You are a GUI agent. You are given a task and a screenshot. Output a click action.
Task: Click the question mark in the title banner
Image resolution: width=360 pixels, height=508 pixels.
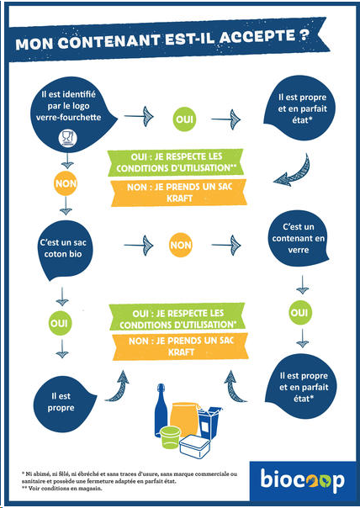tap(304, 34)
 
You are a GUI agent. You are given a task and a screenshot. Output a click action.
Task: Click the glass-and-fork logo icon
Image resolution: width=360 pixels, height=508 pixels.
tap(67, 138)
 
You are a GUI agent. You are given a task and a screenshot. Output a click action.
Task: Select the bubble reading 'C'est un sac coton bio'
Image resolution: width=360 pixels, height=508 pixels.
tap(63, 250)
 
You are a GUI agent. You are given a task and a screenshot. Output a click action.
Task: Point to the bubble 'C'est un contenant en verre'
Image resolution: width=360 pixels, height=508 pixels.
tap(298, 239)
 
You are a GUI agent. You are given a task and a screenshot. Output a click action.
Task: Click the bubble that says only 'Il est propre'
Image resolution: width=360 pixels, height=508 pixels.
tap(63, 402)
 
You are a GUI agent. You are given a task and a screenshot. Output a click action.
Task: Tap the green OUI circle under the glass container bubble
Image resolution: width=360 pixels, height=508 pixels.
tap(299, 313)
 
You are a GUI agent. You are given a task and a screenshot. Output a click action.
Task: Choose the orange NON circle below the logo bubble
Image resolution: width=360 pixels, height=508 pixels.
tap(66, 183)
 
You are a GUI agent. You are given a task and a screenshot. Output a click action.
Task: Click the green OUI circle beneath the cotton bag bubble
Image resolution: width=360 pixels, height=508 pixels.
tap(60, 323)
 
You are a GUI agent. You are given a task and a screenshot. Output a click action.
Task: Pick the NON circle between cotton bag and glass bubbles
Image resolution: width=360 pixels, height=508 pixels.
tap(181, 245)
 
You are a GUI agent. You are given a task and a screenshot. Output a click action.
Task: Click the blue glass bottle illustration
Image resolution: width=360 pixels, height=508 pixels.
tap(161, 409)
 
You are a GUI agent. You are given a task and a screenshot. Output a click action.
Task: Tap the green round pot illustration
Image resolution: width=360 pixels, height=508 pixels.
tap(170, 437)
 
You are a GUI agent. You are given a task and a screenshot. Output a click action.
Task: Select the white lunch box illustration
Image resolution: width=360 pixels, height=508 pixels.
tap(195, 446)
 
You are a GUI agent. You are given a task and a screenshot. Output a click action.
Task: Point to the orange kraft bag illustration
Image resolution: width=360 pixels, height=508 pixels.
tap(184, 418)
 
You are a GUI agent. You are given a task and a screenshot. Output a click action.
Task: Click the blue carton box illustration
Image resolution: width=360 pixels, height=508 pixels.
tap(209, 422)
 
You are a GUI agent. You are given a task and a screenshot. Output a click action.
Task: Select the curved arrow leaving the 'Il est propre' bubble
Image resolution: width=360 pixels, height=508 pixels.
tap(118, 388)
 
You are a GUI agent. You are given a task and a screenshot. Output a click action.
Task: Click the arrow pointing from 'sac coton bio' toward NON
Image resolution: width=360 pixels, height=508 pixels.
tap(139, 245)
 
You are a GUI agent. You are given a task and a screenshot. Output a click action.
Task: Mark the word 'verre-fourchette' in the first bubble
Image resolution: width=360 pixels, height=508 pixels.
tap(68, 117)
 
